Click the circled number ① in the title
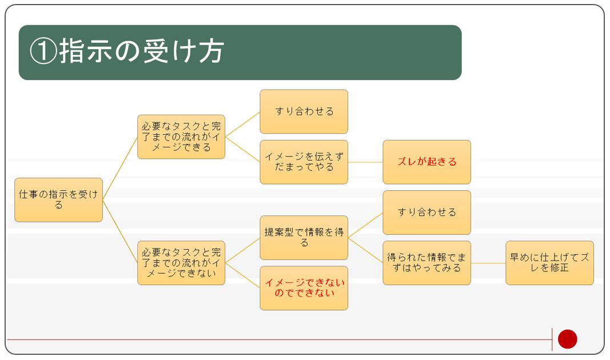coord(43,51)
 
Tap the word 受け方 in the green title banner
coord(184,51)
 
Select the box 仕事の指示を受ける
coord(59,200)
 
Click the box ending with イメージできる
coord(181,137)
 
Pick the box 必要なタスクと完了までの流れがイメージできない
coord(181,263)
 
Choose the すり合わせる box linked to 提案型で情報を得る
coord(426,212)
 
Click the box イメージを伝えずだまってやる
coord(304,162)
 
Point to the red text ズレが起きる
coord(426,162)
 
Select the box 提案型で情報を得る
coord(304,238)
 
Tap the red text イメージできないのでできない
coord(305,287)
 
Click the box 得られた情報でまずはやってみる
coord(426,263)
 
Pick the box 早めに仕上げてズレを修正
coord(550,263)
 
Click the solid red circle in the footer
coord(567,339)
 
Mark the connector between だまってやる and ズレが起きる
coord(365,162)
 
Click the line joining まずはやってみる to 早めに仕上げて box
coord(488,263)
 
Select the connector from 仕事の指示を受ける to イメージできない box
coord(120,231)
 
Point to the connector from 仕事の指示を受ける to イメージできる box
coord(120,169)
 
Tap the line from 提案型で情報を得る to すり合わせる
coord(365,225)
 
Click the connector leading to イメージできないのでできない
coord(243,275)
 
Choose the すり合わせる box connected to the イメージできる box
coord(304,111)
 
